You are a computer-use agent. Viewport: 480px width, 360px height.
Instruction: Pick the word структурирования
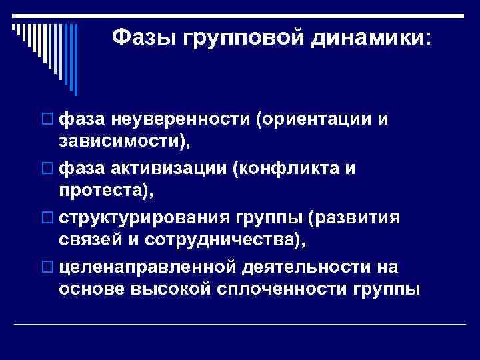click(143, 219)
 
